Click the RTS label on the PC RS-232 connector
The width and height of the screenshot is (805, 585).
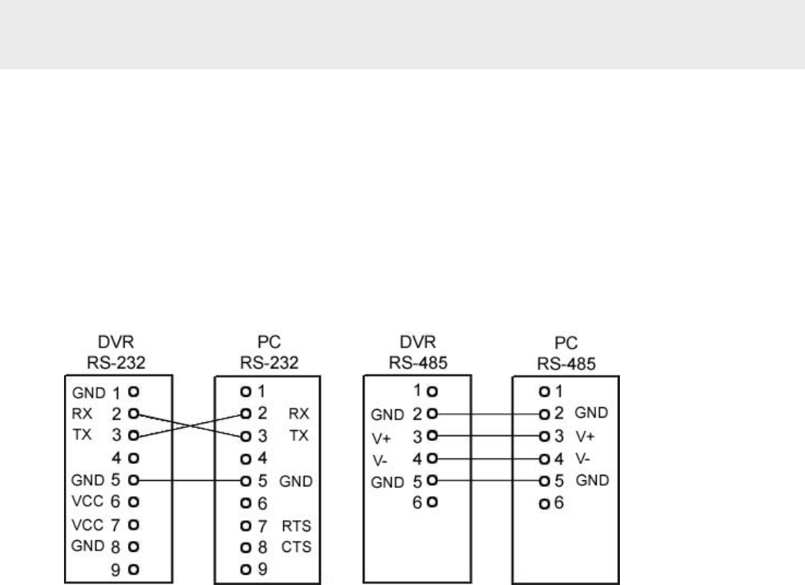pos(296,526)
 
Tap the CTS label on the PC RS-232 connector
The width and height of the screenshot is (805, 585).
pos(296,549)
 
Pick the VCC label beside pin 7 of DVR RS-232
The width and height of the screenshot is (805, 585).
pos(86,527)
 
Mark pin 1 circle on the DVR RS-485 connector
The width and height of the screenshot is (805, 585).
pos(433,392)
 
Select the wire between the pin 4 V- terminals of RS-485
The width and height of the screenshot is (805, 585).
pos(489,459)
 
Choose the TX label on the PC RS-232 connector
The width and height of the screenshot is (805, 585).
pos(298,435)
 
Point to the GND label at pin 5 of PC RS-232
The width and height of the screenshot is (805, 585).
pos(295,481)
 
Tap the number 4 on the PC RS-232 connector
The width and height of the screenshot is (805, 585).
pos(261,459)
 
